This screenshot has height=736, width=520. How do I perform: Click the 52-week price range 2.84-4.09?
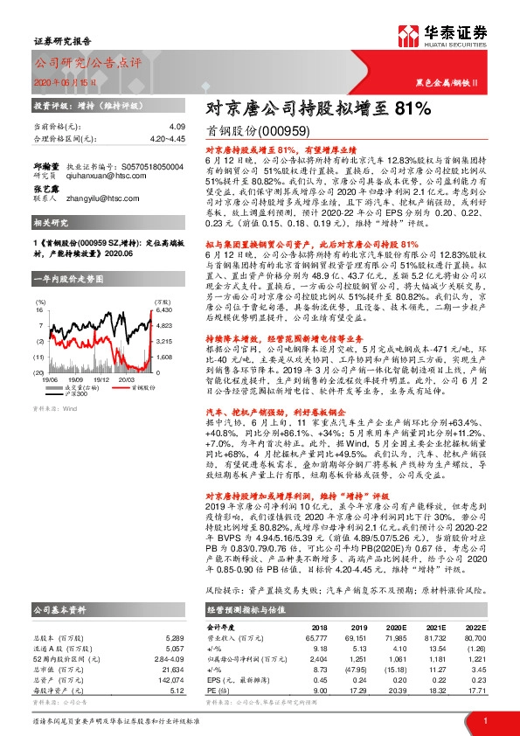[165, 656]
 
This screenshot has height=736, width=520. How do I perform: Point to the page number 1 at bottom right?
[484, 719]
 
